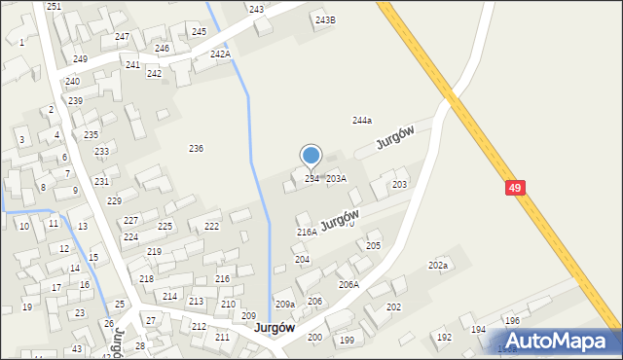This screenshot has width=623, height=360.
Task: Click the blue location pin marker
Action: (311, 156)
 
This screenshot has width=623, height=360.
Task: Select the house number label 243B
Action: (325, 19)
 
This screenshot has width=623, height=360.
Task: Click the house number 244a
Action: (361, 121)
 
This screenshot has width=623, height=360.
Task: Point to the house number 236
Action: (196, 148)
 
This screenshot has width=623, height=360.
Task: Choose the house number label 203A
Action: (336, 179)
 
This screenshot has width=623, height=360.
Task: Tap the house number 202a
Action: (438, 265)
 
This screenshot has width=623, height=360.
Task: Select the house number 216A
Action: (307, 233)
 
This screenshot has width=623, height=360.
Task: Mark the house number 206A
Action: (348, 285)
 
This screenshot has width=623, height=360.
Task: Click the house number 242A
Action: (220, 54)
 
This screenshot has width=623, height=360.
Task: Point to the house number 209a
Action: (284, 305)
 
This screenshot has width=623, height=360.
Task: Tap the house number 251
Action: (54, 7)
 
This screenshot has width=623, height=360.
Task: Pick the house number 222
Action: (211, 226)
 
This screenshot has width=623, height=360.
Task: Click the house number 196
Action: (512, 320)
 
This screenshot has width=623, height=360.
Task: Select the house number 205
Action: (373, 246)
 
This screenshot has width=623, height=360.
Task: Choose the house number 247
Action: (122, 37)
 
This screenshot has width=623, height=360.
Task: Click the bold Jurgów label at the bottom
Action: (275, 328)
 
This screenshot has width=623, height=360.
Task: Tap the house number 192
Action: (444, 338)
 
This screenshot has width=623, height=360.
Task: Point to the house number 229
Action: (114, 201)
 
